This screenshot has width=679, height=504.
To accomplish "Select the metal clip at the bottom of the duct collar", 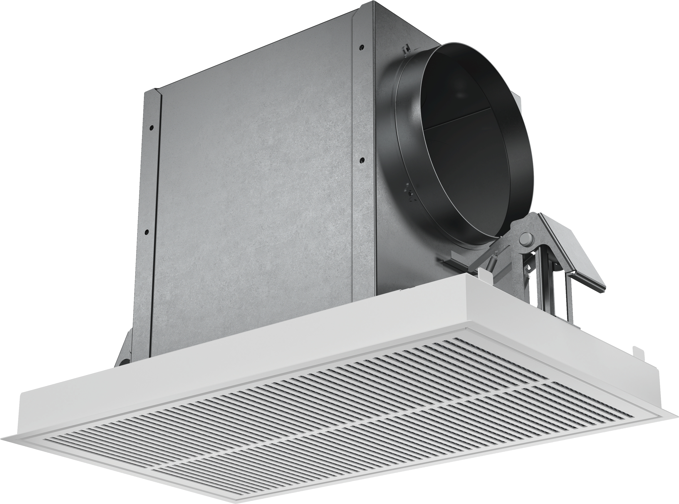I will point(407,192).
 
